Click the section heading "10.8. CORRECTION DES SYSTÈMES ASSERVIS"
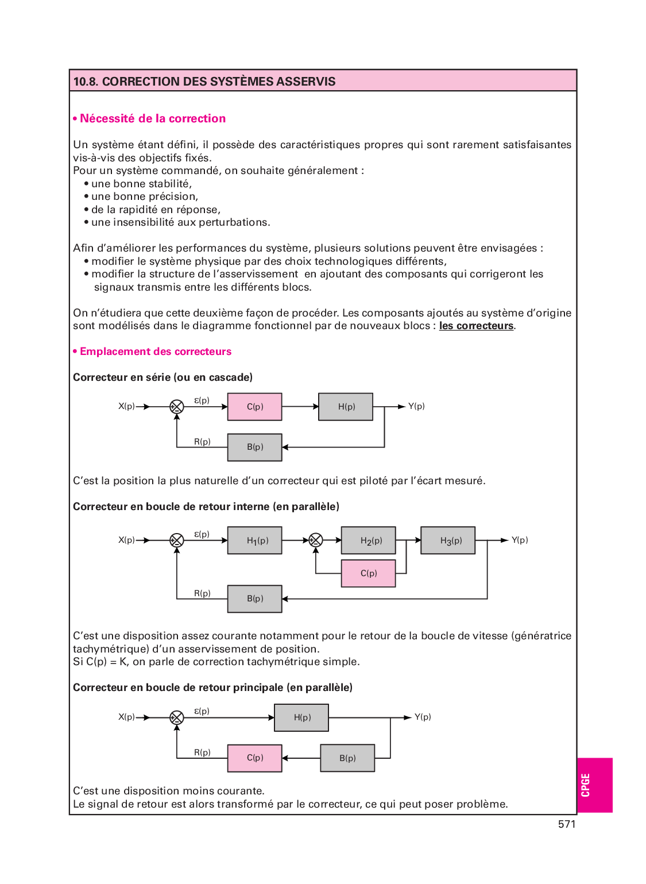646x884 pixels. click(x=204, y=82)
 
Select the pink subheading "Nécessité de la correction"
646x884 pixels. click(x=153, y=119)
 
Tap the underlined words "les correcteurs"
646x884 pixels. click(x=476, y=326)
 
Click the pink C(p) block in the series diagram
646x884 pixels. click(x=255, y=407)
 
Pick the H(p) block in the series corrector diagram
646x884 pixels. click(x=346, y=407)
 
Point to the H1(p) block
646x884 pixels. click(x=255, y=541)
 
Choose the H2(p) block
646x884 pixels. click(x=369, y=541)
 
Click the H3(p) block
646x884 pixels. click(x=448, y=541)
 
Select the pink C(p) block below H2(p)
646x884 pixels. click(x=369, y=573)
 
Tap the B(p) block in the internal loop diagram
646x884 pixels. click(x=255, y=599)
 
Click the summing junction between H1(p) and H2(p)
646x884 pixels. click(x=316, y=540)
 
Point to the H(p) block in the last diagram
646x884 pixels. click(x=301, y=717)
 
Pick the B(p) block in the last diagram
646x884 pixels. click(x=347, y=758)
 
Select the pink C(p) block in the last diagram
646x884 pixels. click(x=255, y=758)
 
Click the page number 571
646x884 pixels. click(x=566, y=824)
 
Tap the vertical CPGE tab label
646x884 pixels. click(x=586, y=785)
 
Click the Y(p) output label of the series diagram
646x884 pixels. click(x=416, y=406)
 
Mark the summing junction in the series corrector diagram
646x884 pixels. click(x=177, y=407)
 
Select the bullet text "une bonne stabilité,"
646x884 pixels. click(x=141, y=184)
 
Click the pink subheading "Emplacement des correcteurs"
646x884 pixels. click(x=156, y=352)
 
